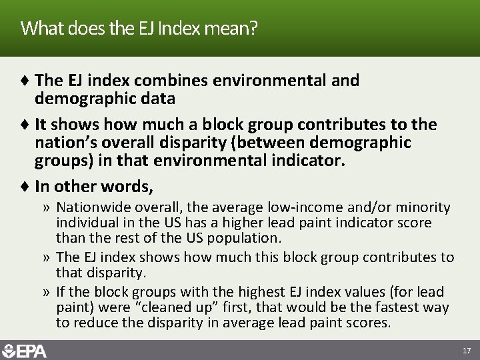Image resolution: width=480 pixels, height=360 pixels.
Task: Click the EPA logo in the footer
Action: pos(25,350)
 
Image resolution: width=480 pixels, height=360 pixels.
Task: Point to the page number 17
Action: pos(465,350)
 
